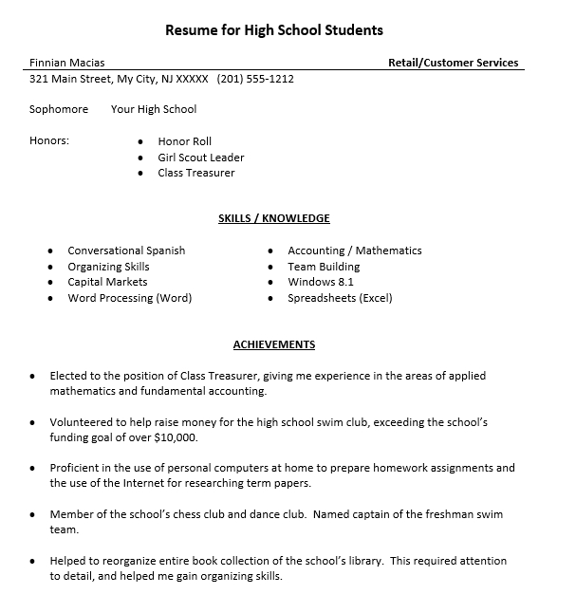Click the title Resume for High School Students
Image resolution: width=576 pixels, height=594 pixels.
coord(274,29)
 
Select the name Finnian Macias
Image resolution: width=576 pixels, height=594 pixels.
coord(67,63)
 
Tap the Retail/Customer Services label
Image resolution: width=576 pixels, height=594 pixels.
coord(453,63)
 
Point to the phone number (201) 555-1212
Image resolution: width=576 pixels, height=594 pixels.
coord(255,79)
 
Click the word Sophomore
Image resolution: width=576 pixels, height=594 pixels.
coord(59,109)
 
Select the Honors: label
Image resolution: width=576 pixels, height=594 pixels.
coord(49,141)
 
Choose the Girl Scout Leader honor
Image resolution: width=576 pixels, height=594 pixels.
coord(201,158)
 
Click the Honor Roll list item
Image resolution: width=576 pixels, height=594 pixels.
coord(185,141)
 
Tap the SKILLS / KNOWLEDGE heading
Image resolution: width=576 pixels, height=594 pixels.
coord(274,218)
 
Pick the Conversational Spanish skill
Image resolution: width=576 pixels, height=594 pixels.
coord(126,251)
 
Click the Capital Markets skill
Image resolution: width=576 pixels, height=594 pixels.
coord(107,282)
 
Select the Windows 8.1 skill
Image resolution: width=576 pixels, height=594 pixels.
coord(321,282)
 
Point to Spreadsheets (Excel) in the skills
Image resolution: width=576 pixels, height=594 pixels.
coord(340,298)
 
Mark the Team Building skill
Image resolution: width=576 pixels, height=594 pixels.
coord(324,267)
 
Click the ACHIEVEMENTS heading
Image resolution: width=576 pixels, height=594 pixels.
coord(274,344)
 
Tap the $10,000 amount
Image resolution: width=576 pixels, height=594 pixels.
coord(174,437)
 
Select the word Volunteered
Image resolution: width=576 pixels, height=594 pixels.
coord(83,421)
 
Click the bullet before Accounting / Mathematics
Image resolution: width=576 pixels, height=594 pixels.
coord(271,251)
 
